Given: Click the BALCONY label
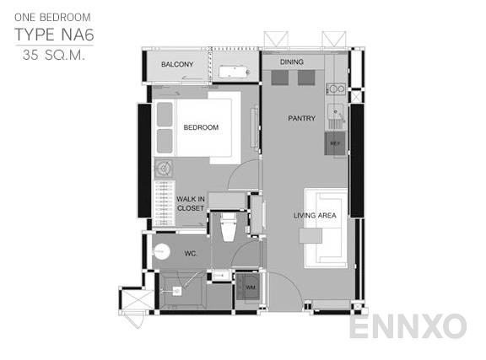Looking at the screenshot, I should point(177,65).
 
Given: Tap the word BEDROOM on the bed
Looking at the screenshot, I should point(201,127).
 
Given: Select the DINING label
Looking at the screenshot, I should point(291,62).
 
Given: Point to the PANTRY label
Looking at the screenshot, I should point(301,118).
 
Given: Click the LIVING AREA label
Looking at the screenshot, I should point(316,216).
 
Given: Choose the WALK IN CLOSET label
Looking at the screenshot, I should point(191,203).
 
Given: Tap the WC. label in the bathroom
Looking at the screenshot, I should point(190,252).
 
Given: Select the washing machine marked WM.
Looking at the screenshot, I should point(250,288).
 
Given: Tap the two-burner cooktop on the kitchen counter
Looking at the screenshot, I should point(335,88).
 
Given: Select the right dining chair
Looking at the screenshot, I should point(305,78).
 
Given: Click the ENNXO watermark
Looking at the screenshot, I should point(408,325).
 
